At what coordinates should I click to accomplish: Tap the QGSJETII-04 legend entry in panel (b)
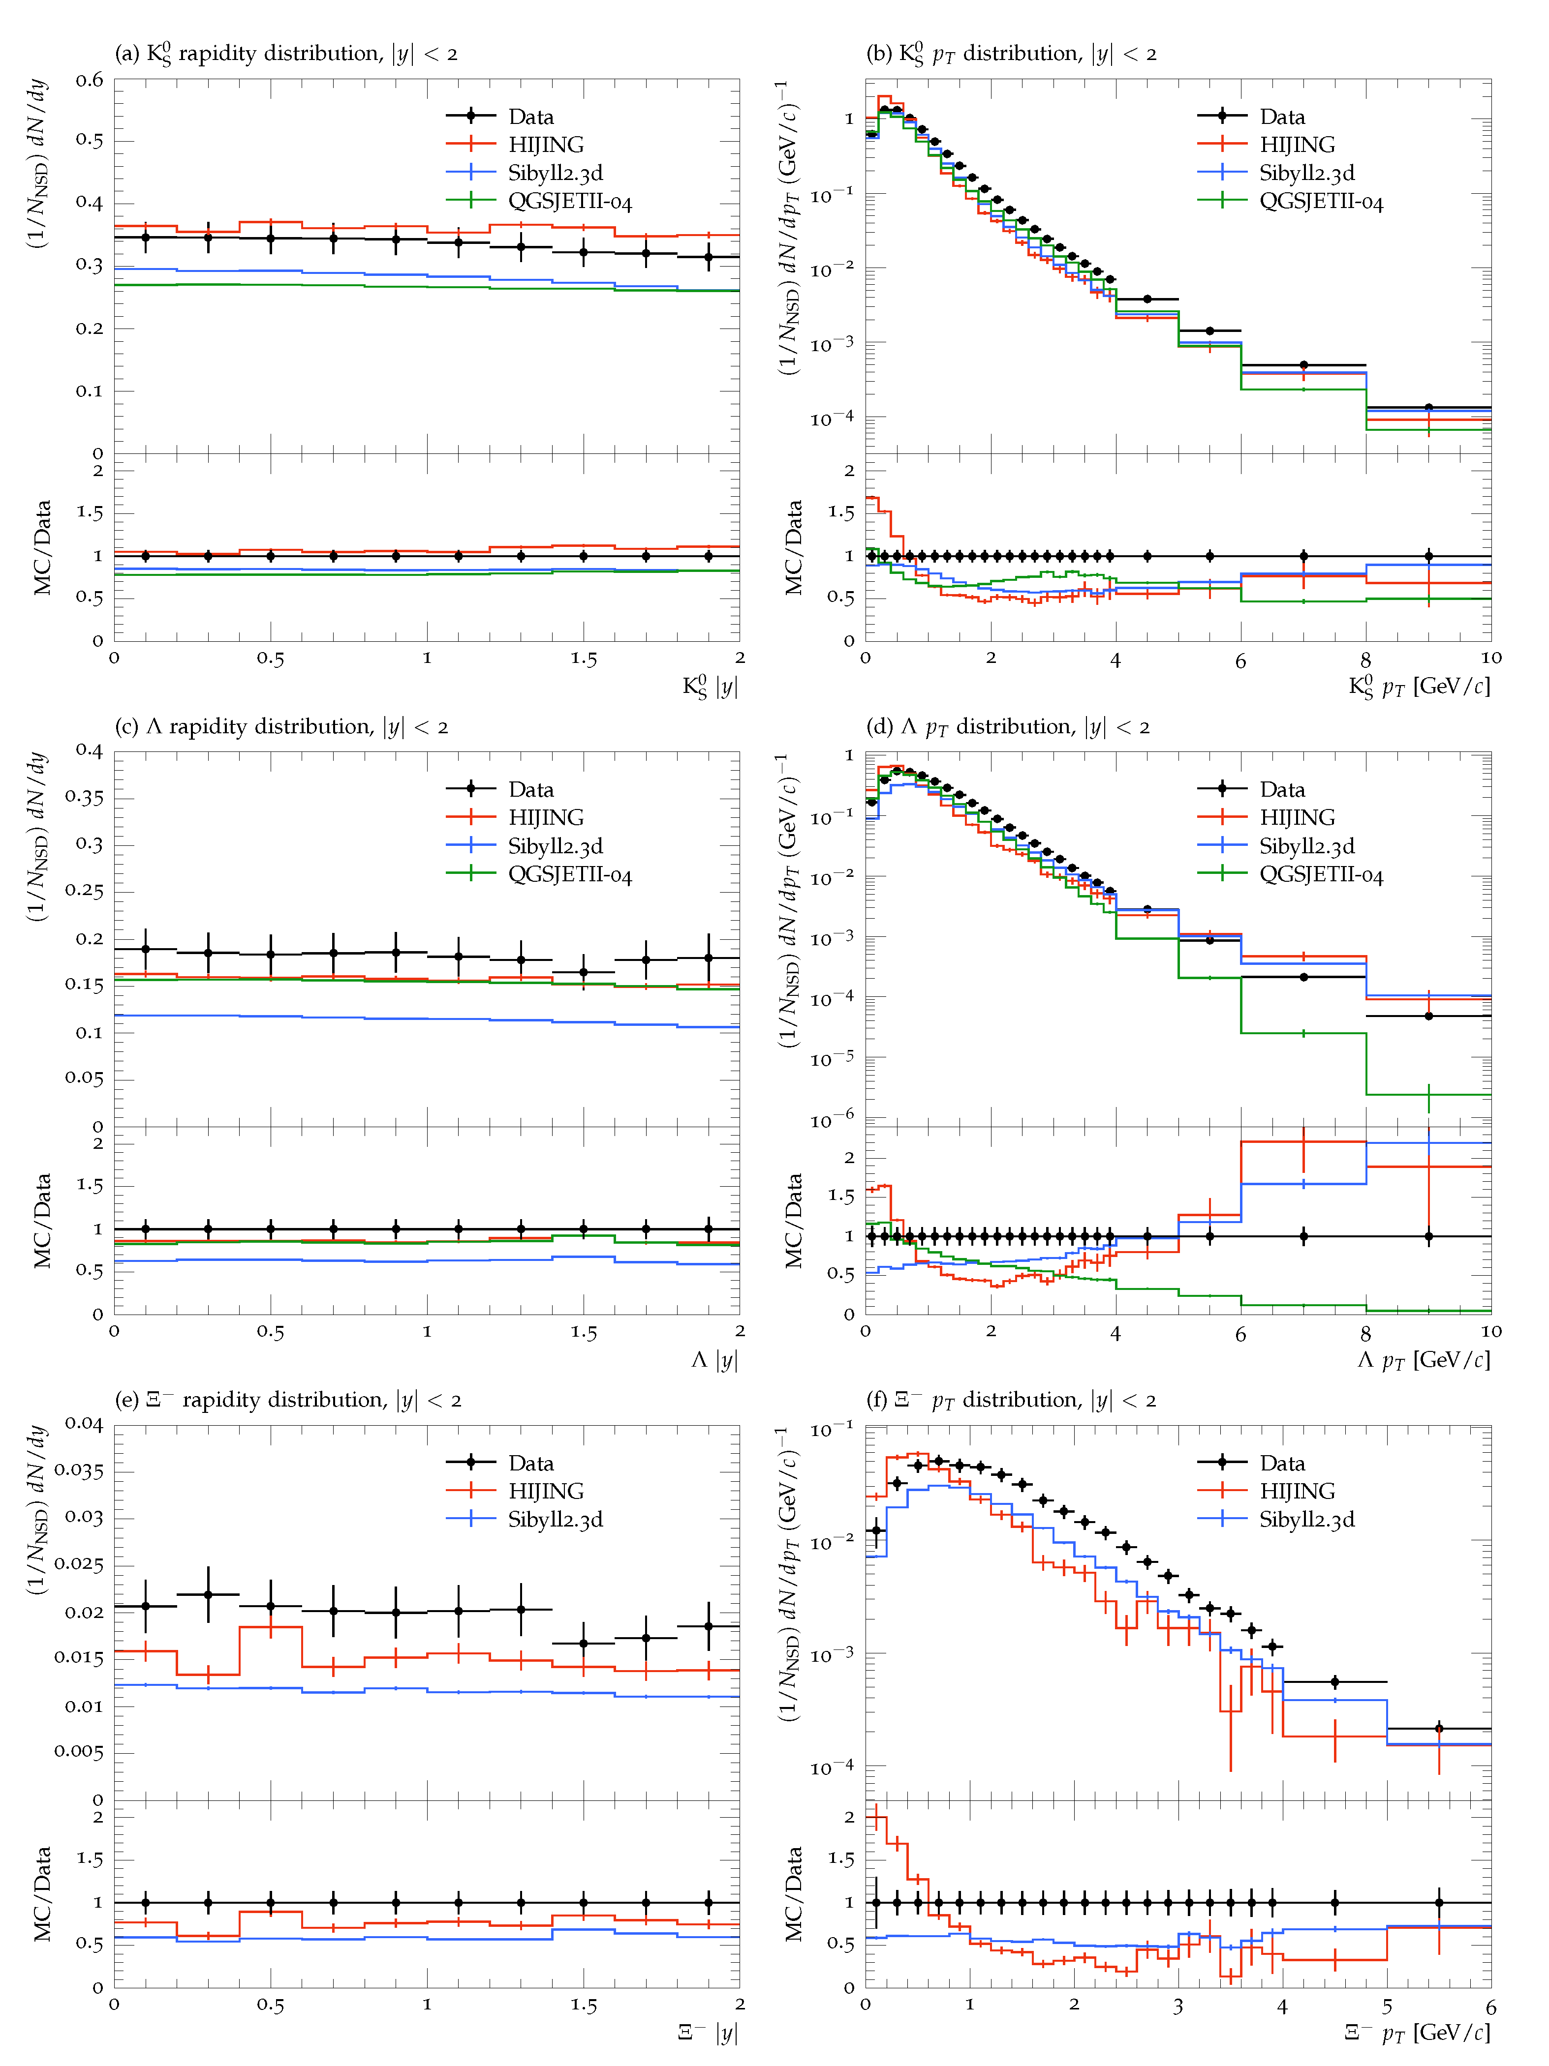(1320, 202)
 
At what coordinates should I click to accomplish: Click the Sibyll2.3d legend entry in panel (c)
(555, 846)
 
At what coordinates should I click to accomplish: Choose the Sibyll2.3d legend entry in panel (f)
(1306, 1520)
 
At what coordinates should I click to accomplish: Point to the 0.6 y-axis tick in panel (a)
(90, 80)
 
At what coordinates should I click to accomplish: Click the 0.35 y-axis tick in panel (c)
(84, 798)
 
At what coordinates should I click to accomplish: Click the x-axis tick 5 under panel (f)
(1387, 2006)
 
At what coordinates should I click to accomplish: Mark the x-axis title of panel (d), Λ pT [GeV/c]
(1423, 1360)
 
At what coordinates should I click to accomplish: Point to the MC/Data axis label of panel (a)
(42, 548)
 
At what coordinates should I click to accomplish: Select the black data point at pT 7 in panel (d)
(1303, 977)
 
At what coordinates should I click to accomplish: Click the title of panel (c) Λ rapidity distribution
(281, 727)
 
